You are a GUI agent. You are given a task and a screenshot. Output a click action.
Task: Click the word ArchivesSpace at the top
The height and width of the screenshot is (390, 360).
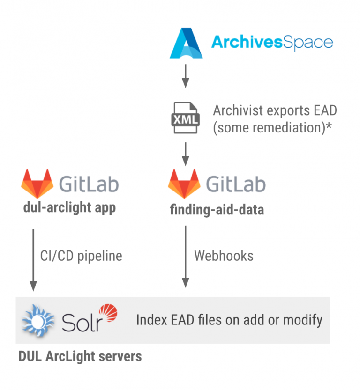click(x=272, y=43)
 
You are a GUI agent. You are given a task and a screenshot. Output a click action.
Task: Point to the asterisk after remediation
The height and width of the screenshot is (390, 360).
click(x=329, y=126)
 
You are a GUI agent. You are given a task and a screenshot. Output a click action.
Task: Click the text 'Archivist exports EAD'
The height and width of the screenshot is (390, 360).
click(x=275, y=111)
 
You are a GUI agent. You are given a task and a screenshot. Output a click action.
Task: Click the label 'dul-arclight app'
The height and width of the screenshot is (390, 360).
click(x=69, y=207)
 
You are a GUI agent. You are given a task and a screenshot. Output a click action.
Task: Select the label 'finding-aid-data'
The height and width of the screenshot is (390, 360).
click(x=217, y=209)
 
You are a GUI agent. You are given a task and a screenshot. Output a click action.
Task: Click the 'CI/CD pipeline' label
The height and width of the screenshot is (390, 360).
click(x=81, y=256)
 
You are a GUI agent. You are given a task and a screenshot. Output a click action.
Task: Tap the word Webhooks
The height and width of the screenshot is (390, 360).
click(x=224, y=256)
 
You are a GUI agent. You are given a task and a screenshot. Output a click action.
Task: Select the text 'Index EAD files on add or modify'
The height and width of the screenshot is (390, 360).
click(x=229, y=320)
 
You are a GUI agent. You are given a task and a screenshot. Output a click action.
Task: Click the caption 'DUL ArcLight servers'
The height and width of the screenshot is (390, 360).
click(x=80, y=356)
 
